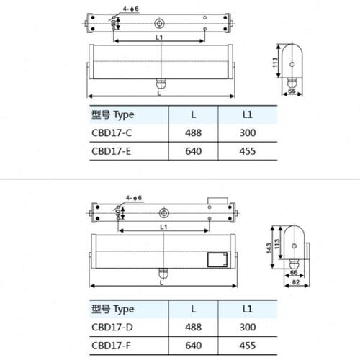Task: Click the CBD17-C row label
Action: [112, 132]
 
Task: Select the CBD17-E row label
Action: [112, 151]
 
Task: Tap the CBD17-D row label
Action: [112, 327]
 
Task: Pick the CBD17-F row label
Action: [112, 346]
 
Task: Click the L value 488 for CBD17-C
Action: [193, 132]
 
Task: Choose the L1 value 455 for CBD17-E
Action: [248, 151]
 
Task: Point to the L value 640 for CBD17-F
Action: [193, 346]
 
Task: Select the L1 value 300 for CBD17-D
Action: [248, 327]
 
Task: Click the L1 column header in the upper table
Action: [248, 114]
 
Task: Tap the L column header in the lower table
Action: [194, 309]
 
